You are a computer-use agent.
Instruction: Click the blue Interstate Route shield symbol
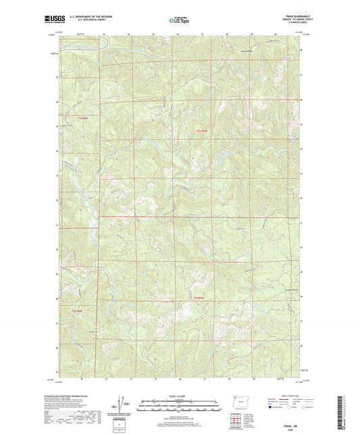(272, 407)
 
